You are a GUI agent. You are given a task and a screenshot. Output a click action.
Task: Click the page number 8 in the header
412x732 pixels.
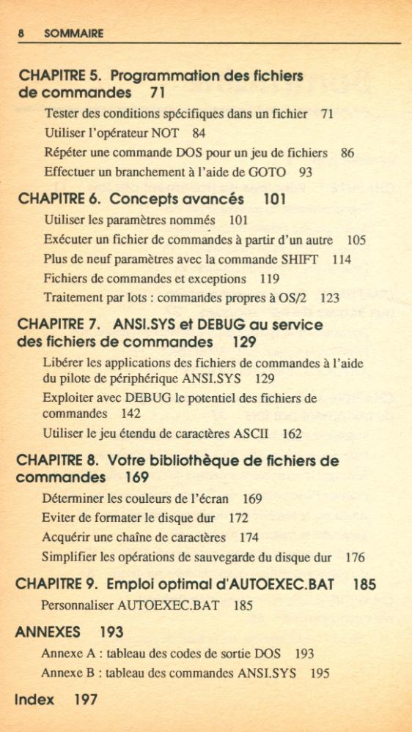tap(22, 34)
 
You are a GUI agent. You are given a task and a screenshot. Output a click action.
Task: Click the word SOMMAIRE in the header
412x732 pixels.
tap(73, 34)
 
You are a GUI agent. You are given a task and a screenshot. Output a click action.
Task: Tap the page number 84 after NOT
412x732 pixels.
tap(199, 133)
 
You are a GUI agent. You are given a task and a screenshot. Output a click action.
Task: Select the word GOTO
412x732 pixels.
tap(268, 173)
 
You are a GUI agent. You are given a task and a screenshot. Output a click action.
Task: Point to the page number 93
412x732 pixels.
tap(306, 173)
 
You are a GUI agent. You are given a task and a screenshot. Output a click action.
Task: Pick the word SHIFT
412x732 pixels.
tap(300, 259)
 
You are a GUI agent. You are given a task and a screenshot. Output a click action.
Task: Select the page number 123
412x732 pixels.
tap(329, 299)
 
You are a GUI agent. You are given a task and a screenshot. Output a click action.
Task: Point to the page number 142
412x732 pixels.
tap(130, 414)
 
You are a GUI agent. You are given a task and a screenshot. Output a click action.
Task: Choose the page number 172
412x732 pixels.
tap(238, 518)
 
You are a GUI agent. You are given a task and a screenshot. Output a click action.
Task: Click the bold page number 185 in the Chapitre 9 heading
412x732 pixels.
tap(364, 585)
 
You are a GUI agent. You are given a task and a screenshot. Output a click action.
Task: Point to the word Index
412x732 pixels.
tap(34, 700)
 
